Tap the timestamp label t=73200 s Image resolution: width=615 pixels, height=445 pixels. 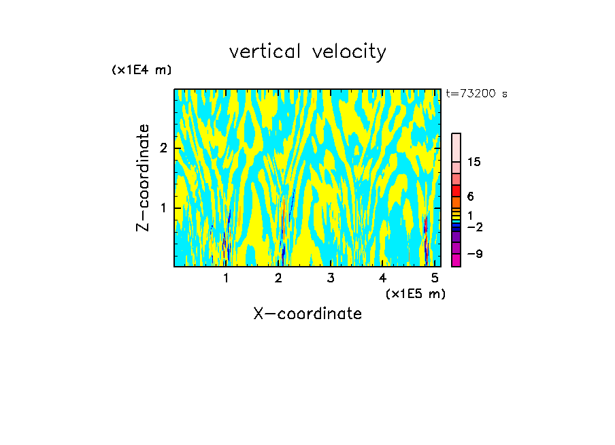476,94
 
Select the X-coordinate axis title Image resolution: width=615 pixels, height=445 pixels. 307,314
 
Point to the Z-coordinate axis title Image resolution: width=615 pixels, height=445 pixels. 143,178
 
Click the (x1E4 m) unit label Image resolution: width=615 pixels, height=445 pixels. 142,70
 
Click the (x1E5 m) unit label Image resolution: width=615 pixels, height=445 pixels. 415,293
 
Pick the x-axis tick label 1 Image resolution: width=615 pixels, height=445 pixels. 226,278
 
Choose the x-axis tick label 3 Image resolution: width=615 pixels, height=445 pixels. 330,278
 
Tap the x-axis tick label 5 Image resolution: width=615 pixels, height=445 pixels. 434,278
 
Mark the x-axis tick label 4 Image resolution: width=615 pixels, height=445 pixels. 382,278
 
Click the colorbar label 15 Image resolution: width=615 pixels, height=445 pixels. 474,162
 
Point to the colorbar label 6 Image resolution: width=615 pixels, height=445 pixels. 470,197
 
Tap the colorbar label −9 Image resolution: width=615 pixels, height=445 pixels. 474,254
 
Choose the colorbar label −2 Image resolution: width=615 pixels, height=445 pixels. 474,227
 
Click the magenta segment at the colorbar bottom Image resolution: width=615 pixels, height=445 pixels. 456,260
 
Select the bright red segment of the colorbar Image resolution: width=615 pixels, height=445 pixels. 456,190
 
